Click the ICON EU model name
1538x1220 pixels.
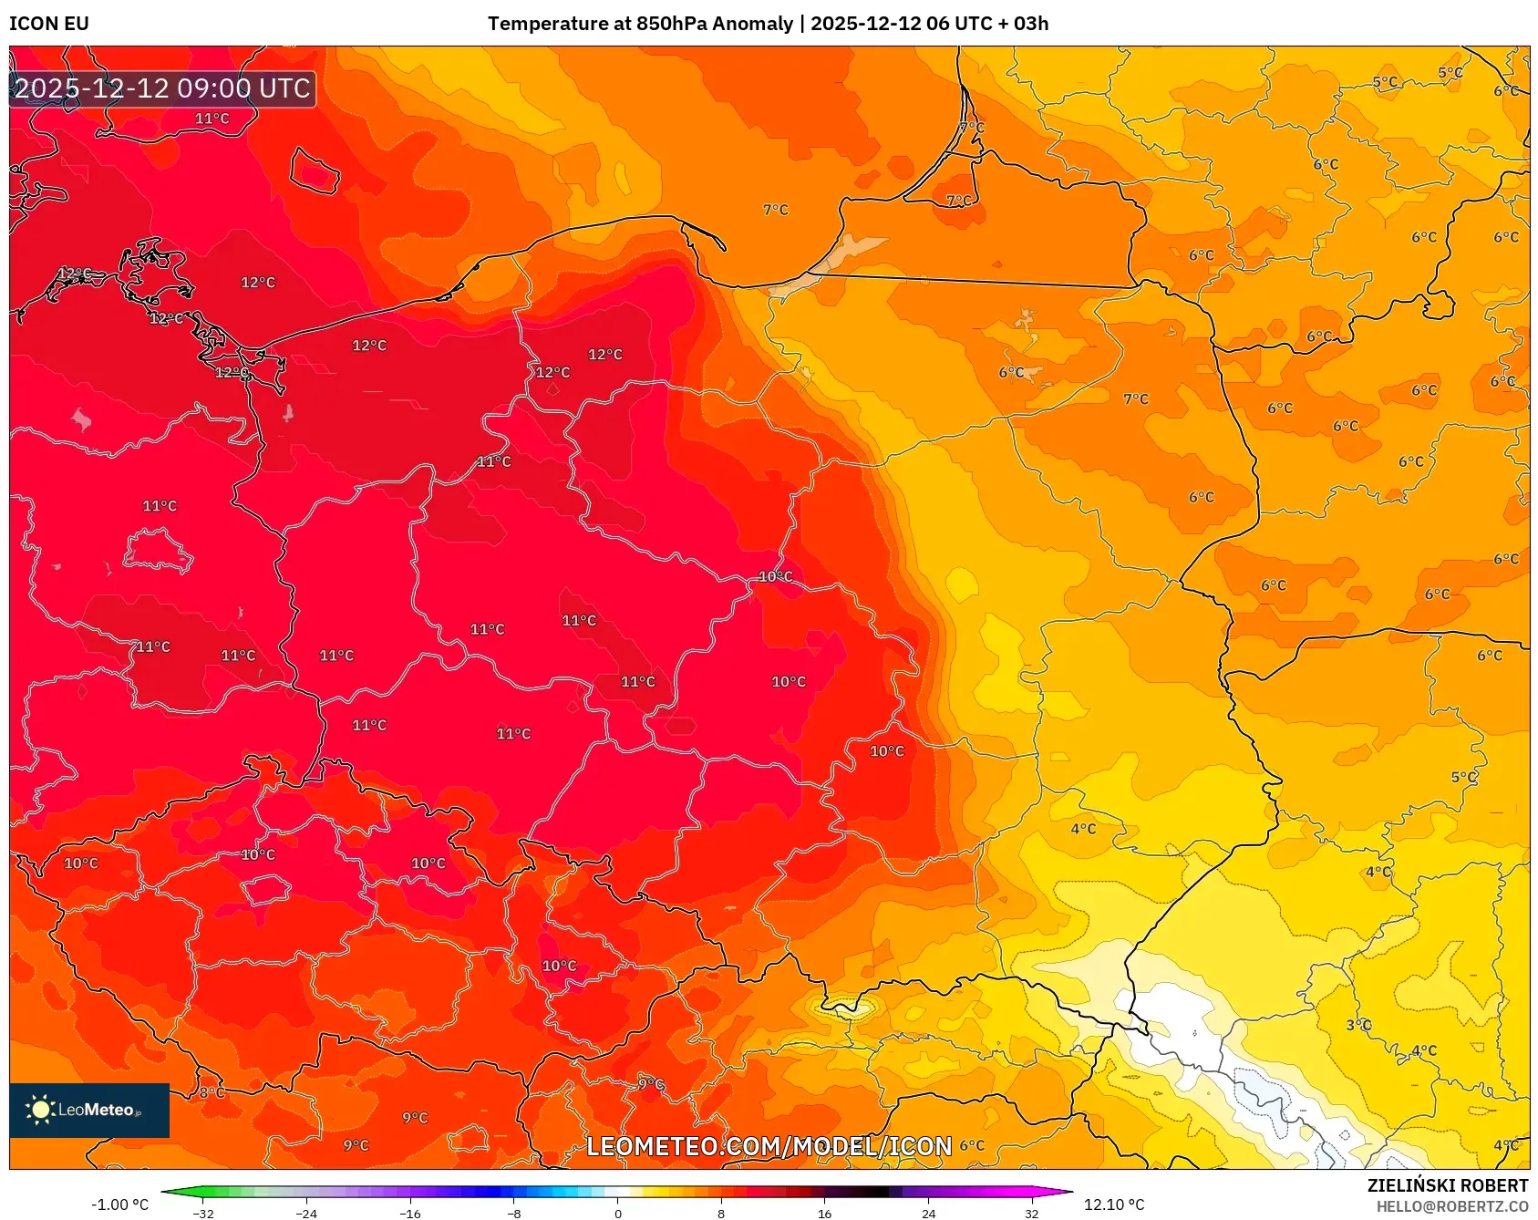coord(49,24)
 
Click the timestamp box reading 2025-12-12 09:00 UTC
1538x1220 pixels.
coord(162,88)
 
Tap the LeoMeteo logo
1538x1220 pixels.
coord(89,1110)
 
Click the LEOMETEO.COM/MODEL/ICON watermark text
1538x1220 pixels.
coord(769,1146)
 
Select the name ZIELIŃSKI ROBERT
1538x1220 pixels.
coord(1447,1185)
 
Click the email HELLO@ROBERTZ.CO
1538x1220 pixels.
coord(1451,1206)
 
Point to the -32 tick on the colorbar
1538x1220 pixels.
coord(203,1213)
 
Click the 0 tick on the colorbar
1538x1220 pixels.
coord(618,1213)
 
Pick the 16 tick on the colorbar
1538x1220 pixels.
coord(824,1213)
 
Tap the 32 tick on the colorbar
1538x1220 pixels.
coord(1031,1213)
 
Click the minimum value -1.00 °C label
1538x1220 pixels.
coord(119,1204)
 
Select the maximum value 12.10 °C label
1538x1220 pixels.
coord(1113,1204)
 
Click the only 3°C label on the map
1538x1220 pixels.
coord(1358,1025)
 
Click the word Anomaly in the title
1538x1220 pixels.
coord(752,24)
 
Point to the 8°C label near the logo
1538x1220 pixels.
coord(212,1092)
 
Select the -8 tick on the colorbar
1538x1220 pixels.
coord(514,1213)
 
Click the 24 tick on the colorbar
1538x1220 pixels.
coord(928,1213)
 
